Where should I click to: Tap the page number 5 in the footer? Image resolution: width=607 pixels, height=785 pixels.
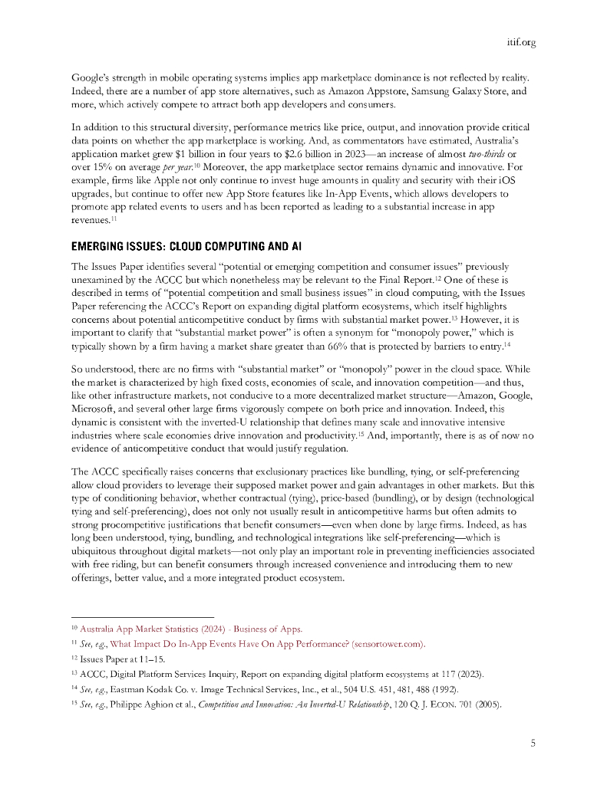click(x=533, y=742)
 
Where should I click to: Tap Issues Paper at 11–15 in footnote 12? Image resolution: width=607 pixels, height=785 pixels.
click(x=114, y=658)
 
